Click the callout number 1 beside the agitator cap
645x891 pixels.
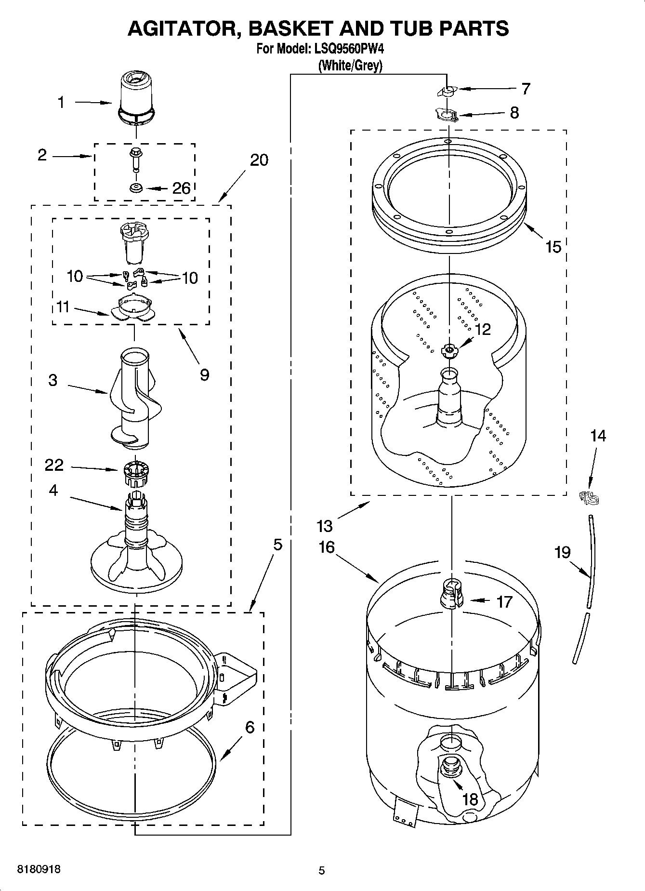(x=61, y=102)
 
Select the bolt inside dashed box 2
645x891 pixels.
(x=135, y=159)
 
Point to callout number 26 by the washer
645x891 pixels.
(x=181, y=188)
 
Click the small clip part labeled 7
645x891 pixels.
(x=447, y=91)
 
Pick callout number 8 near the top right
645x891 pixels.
(x=514, y=113)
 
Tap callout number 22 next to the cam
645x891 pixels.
(x=54, y=465)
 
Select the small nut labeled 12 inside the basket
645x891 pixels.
(x=448, y=350)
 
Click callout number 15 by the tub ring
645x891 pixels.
(x=553, y=247)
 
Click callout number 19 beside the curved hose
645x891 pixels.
(x=563, y=552)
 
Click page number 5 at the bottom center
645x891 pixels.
(x=322, y=870)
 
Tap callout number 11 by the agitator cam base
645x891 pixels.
(x=63, y=307)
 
